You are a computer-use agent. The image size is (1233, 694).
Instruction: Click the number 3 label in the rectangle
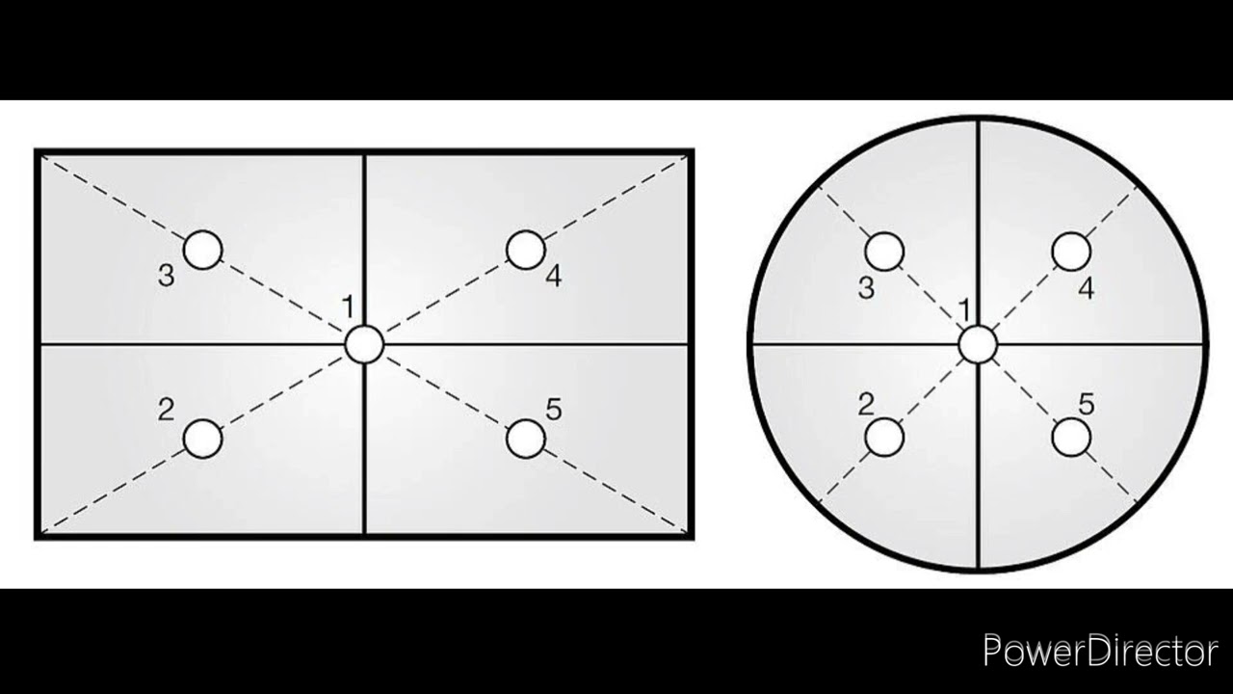click(x=167, y=276)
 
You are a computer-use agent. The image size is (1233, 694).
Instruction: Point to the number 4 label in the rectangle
click(x=554, y=276)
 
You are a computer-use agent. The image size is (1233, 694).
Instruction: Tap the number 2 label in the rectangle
click(x=167, y=410)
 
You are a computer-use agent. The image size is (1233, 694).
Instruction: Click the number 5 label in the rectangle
click(x=554, y=410)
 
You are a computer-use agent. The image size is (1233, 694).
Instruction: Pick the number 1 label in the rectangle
click(x=348, y=307)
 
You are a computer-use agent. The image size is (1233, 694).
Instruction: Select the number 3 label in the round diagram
click(x=866, y=288)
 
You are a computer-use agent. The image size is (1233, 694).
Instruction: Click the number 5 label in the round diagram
click(x=1087, y=404)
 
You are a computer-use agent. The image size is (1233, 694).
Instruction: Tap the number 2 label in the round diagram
click(x=866, y=404)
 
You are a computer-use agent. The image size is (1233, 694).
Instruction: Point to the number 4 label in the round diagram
click(x=1086, y=288)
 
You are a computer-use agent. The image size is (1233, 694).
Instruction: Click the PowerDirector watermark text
click(x=1100, y=652)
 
